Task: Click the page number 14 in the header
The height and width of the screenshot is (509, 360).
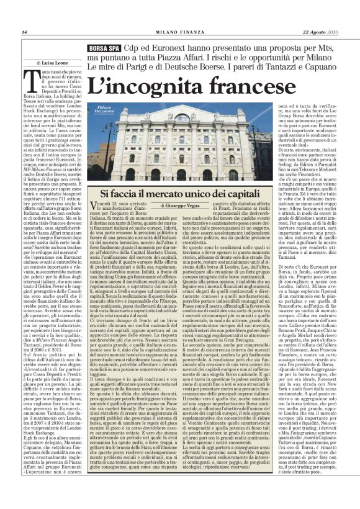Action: (24, 32)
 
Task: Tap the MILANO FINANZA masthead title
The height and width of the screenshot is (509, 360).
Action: (179, 32)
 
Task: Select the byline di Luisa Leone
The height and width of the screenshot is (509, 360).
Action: (56, 63)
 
